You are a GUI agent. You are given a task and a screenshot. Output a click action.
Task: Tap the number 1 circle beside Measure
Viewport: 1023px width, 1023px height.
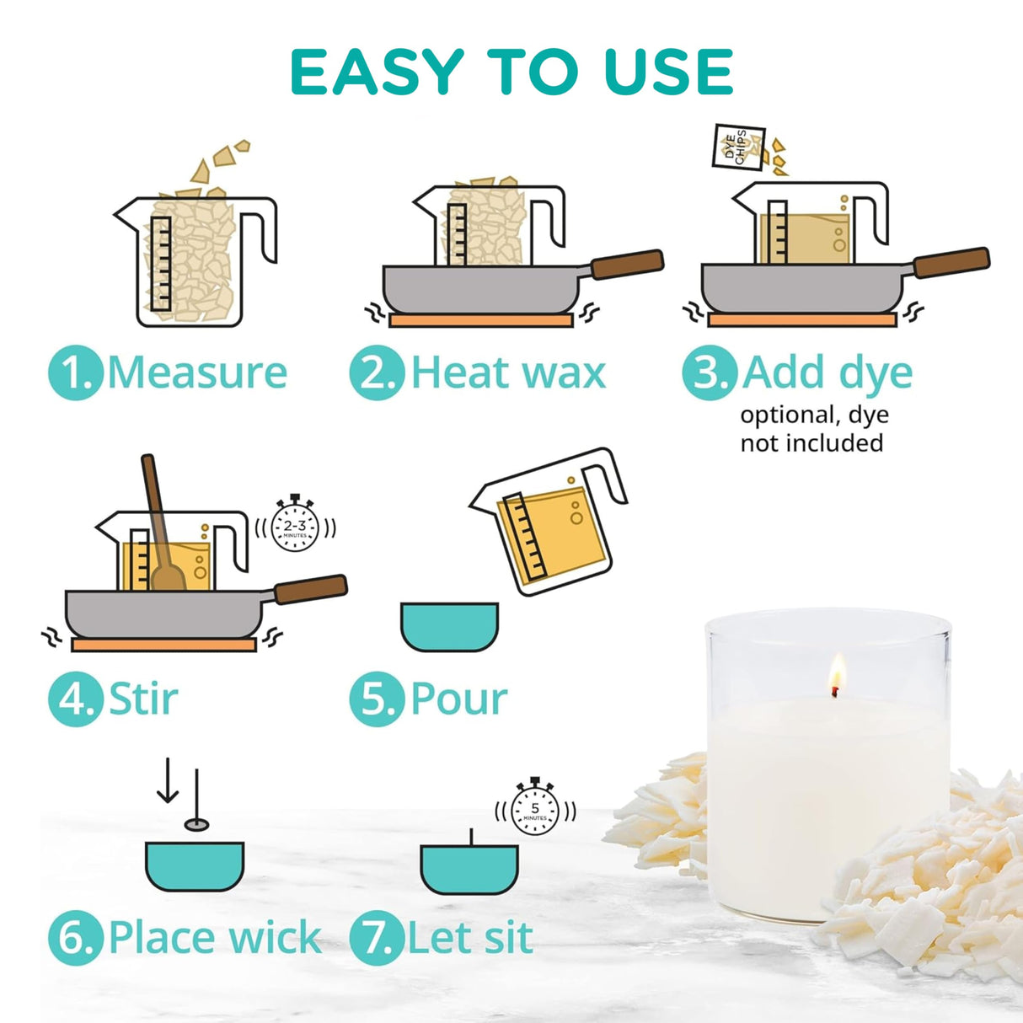tap(76, 372)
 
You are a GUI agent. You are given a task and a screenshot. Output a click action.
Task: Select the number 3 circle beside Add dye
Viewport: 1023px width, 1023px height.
tap(710, 372)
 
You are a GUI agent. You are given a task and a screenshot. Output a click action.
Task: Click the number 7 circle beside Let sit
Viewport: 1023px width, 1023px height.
tap(377, 938)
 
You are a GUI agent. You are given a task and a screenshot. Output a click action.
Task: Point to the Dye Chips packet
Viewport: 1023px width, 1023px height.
tap(738, 147)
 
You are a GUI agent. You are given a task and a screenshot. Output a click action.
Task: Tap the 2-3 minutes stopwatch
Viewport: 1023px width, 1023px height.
tap(295, 527)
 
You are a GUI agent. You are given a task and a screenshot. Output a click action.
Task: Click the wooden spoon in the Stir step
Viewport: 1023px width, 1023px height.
tap(160, 531)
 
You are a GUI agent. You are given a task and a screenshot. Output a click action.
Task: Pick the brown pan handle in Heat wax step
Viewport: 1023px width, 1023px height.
tap(627, 264)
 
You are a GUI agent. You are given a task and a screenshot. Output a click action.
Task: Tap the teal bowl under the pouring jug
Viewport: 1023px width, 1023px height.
tap(449, 626)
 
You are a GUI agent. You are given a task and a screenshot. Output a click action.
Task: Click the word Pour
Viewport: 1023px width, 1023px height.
tap(458, 699)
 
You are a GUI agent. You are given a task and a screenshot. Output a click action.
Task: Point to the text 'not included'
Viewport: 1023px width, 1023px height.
tap(811, 443)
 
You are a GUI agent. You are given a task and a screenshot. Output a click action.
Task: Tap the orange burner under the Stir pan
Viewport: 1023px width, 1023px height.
tap(163, 645)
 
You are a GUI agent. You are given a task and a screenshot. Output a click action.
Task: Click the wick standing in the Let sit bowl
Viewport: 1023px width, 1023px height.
tap(470, 838)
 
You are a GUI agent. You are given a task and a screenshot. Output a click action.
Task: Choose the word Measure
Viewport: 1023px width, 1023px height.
tap(197, 372)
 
